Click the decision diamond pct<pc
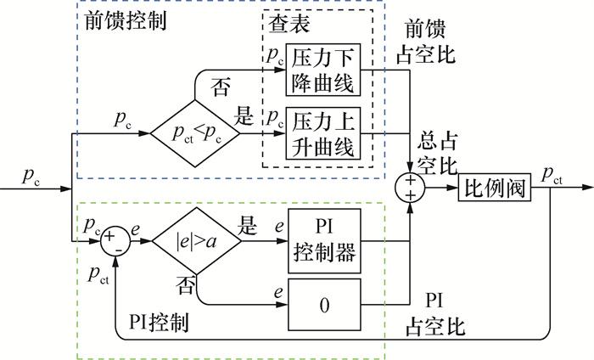[x=193, y=132]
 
